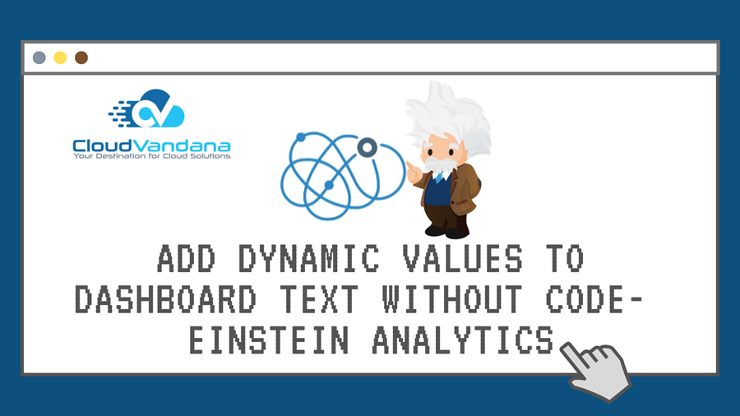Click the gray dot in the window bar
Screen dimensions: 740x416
(x=39, y=58)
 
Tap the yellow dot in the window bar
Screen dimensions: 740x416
(x=60, y=58)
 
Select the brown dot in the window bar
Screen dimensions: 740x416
(x=81, y=58)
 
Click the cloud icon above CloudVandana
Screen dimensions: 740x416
(x=147, y=109)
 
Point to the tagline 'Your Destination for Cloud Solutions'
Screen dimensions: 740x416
(x=151, y=156)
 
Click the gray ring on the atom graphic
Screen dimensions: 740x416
(x=368, y=148)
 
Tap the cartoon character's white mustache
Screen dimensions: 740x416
(x=441, y=164)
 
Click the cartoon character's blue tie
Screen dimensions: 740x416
(x=439, y=177)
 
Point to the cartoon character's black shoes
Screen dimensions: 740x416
(x=446, y=232)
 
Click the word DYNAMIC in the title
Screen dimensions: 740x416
(x=308, y=258)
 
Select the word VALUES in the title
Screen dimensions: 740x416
(x=462, y=258)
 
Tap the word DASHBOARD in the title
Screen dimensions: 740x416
(x=165, y=299)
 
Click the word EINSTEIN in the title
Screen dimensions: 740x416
(x=269, y=340)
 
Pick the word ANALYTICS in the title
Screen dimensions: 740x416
(x=463, y=340)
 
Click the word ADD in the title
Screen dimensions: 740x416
(x=186, y=258)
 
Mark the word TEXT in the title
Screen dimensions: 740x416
(x=319, y=299)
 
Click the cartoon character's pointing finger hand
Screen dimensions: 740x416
(x=414, y=173)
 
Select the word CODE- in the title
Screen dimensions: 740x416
(x=594, y=299)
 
